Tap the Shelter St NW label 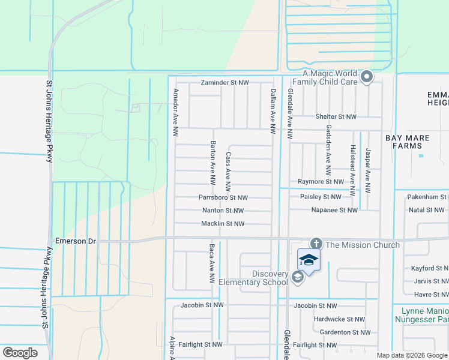point(336,117)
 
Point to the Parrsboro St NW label point(223,197)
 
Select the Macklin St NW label point(223,224)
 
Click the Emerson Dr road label point(76,241)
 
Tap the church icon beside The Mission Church point(316,244)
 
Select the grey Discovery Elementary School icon point(297,277)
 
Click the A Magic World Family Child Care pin point(367,77)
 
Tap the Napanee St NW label point(334,210)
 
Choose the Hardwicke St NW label point(339,319)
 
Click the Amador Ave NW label point(176,112)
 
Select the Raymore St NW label point(321,181)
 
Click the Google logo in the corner point(20,353)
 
